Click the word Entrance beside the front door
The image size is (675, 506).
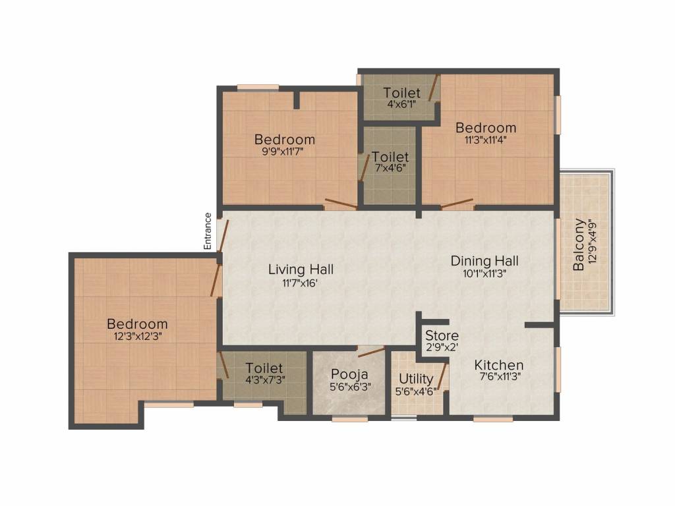pos(208,231)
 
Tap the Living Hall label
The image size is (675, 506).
pos(301,269)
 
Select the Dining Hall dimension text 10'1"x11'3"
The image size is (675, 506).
pos(484,275)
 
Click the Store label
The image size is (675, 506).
pos(442,336)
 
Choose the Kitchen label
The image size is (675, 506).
pos(499,365)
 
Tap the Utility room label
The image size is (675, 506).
pos(417,379)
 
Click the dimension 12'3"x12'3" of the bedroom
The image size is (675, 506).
pos(137,335)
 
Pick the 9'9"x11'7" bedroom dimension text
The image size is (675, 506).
pos(285,151)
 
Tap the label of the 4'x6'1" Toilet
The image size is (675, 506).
pos(402,93)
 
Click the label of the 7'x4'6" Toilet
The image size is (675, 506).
pos(390,157)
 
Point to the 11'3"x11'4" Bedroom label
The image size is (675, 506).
pos(486,128)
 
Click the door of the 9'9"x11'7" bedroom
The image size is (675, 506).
pos(341,204)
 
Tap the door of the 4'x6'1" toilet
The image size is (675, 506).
pos(434,88)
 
